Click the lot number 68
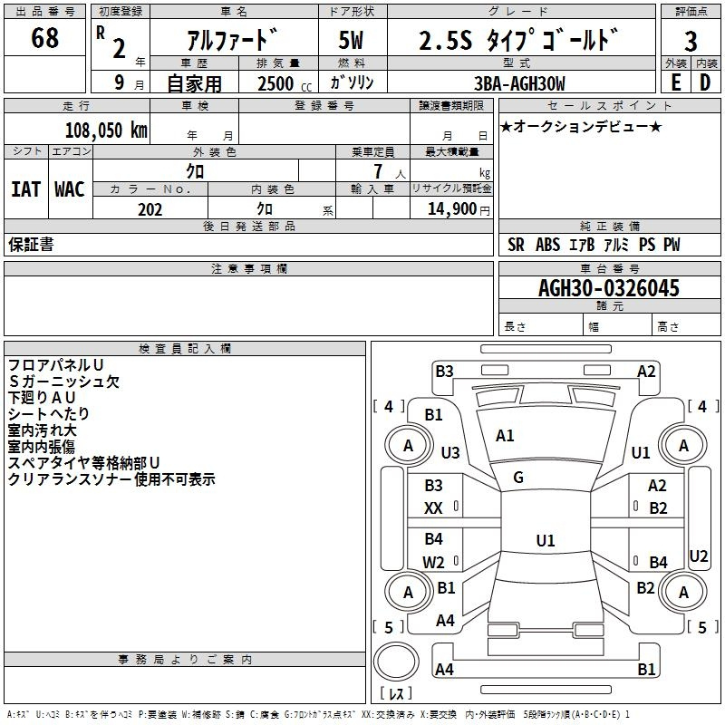point(44,39)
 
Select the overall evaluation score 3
point(691,42)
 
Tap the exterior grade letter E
point(675,82)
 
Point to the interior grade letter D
point(705,82)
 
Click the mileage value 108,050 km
point(106,130)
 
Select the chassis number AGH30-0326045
point(609,288)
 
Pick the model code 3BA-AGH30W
point(519,83)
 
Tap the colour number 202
point(150,209)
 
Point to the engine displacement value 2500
point(275,83)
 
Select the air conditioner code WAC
point(69,188)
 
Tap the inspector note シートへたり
point(49,414)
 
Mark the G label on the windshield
point(518,477)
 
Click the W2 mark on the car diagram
point(434,562)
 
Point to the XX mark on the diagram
point(433,508)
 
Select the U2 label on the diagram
point(699,556)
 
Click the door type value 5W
point(353,42)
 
